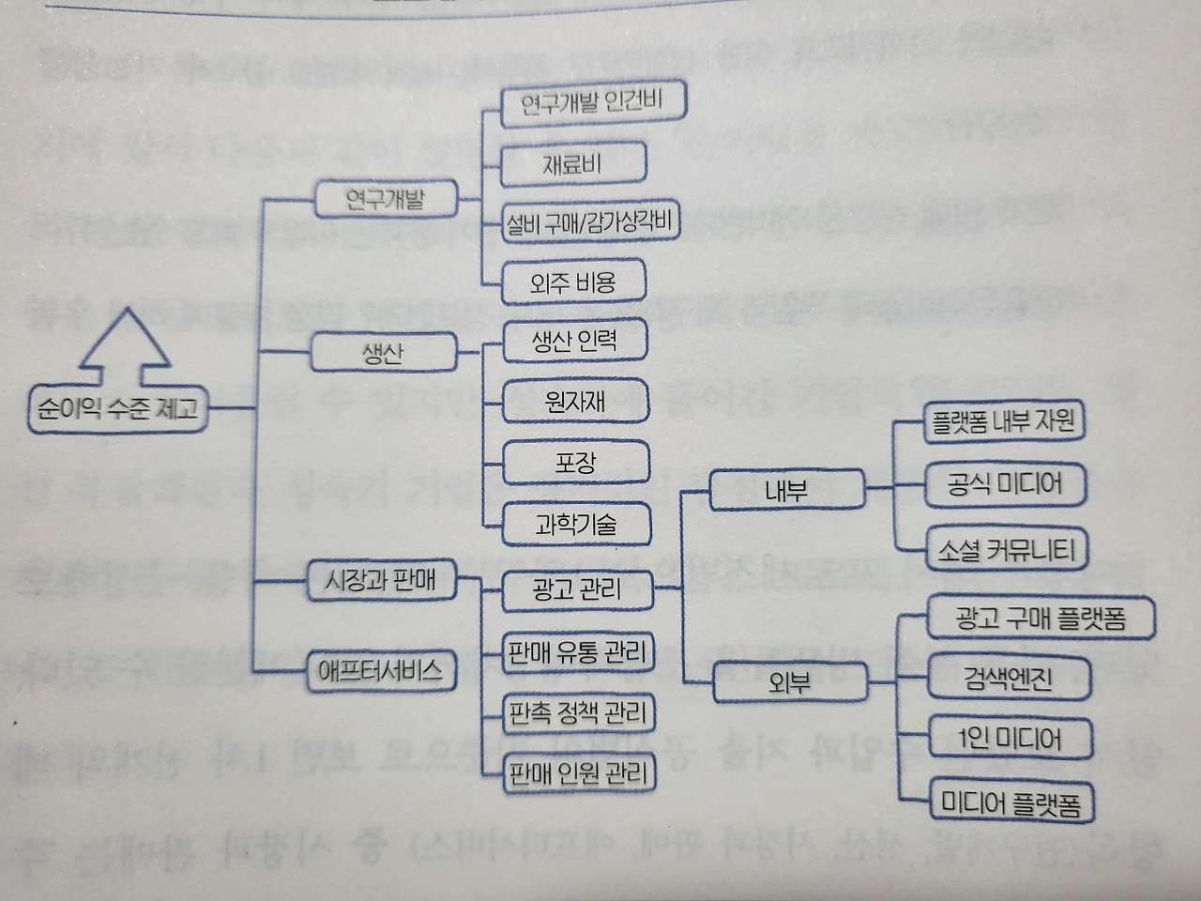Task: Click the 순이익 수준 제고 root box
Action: point(118,408)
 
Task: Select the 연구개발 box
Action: point(385,199)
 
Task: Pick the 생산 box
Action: point(383,354)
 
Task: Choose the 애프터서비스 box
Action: point(380,671)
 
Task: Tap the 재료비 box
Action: point(572,165)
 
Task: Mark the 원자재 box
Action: point(575,402)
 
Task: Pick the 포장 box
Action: point(575,463)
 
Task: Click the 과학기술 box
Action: point(576,524)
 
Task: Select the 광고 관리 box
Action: point(576,589)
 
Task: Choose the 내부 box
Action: point(786,491)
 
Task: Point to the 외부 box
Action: point(789,682)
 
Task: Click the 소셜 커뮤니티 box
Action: point(1006,549)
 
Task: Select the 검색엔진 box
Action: point(1009,678)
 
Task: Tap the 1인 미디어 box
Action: point(1010,739)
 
